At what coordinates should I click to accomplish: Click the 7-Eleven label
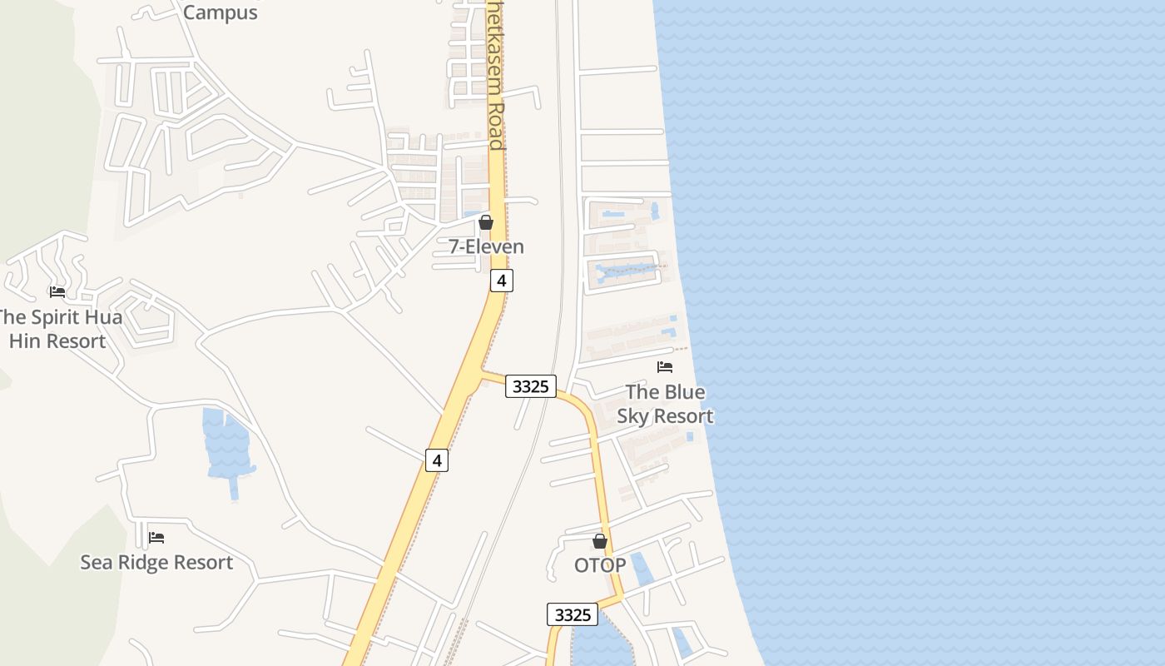tap(486, 246)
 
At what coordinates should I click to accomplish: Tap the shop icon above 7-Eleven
tap(486, 222)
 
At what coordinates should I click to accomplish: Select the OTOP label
tap(600, 565)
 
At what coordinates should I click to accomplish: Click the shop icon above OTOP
tap(600, 541)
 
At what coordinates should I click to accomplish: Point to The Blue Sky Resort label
tap(665, 404)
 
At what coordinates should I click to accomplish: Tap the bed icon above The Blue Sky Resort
tap(665, 366)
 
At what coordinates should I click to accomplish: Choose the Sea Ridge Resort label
tap(156, 562)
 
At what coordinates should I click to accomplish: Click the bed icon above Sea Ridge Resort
tap(156, 538)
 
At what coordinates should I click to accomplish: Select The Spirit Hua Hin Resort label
tap(58, 329)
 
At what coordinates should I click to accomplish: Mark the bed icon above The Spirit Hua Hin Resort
tap(57, 292)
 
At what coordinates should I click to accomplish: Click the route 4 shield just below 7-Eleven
tap(501, 281)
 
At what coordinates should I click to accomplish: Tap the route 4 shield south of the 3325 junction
tap(437, 460)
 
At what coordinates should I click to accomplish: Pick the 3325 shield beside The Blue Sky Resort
tap(531, 386)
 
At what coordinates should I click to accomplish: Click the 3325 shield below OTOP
tap(573, 614)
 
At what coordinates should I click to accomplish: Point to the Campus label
tap(221, 12)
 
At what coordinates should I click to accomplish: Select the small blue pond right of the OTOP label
tap(642, 569)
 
